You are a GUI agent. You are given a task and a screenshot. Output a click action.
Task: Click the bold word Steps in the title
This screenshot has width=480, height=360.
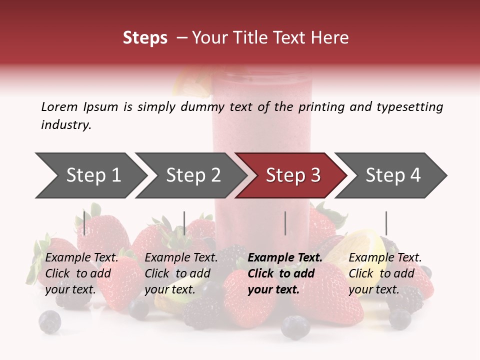tap(145, 38)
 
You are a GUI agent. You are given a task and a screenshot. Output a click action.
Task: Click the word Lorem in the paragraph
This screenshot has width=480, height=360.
tap(59, 106)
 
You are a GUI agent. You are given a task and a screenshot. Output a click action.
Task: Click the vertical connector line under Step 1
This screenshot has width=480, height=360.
tap(84, 223)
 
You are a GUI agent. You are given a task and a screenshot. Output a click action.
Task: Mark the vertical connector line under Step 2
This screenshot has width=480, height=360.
tap(184, 223)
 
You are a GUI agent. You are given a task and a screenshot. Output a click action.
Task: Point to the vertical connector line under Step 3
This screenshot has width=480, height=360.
tap(285, 223)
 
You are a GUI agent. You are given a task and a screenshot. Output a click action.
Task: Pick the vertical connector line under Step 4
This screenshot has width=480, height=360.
tap(386, 223)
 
